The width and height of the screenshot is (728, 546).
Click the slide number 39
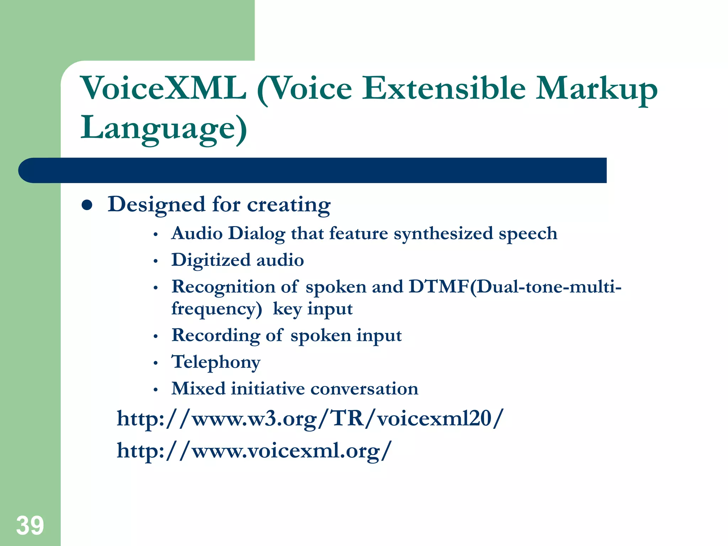(x=30, y=525)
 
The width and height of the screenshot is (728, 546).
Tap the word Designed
(x=157, y=205)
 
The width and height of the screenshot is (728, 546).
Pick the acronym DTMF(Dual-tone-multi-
(x=515, y=287)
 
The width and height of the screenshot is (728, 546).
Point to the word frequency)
(x=216, y=309)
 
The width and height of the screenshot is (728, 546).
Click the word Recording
(x=216, y=336)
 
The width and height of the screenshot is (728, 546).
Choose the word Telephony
(x=216, y=362)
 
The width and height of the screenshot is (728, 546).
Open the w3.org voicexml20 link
(x=310, y=419)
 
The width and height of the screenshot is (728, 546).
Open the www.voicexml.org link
(x=254, y=451)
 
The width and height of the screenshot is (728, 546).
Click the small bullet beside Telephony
(x=155, y=363)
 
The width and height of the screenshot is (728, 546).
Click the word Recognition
(x=223, y=287)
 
